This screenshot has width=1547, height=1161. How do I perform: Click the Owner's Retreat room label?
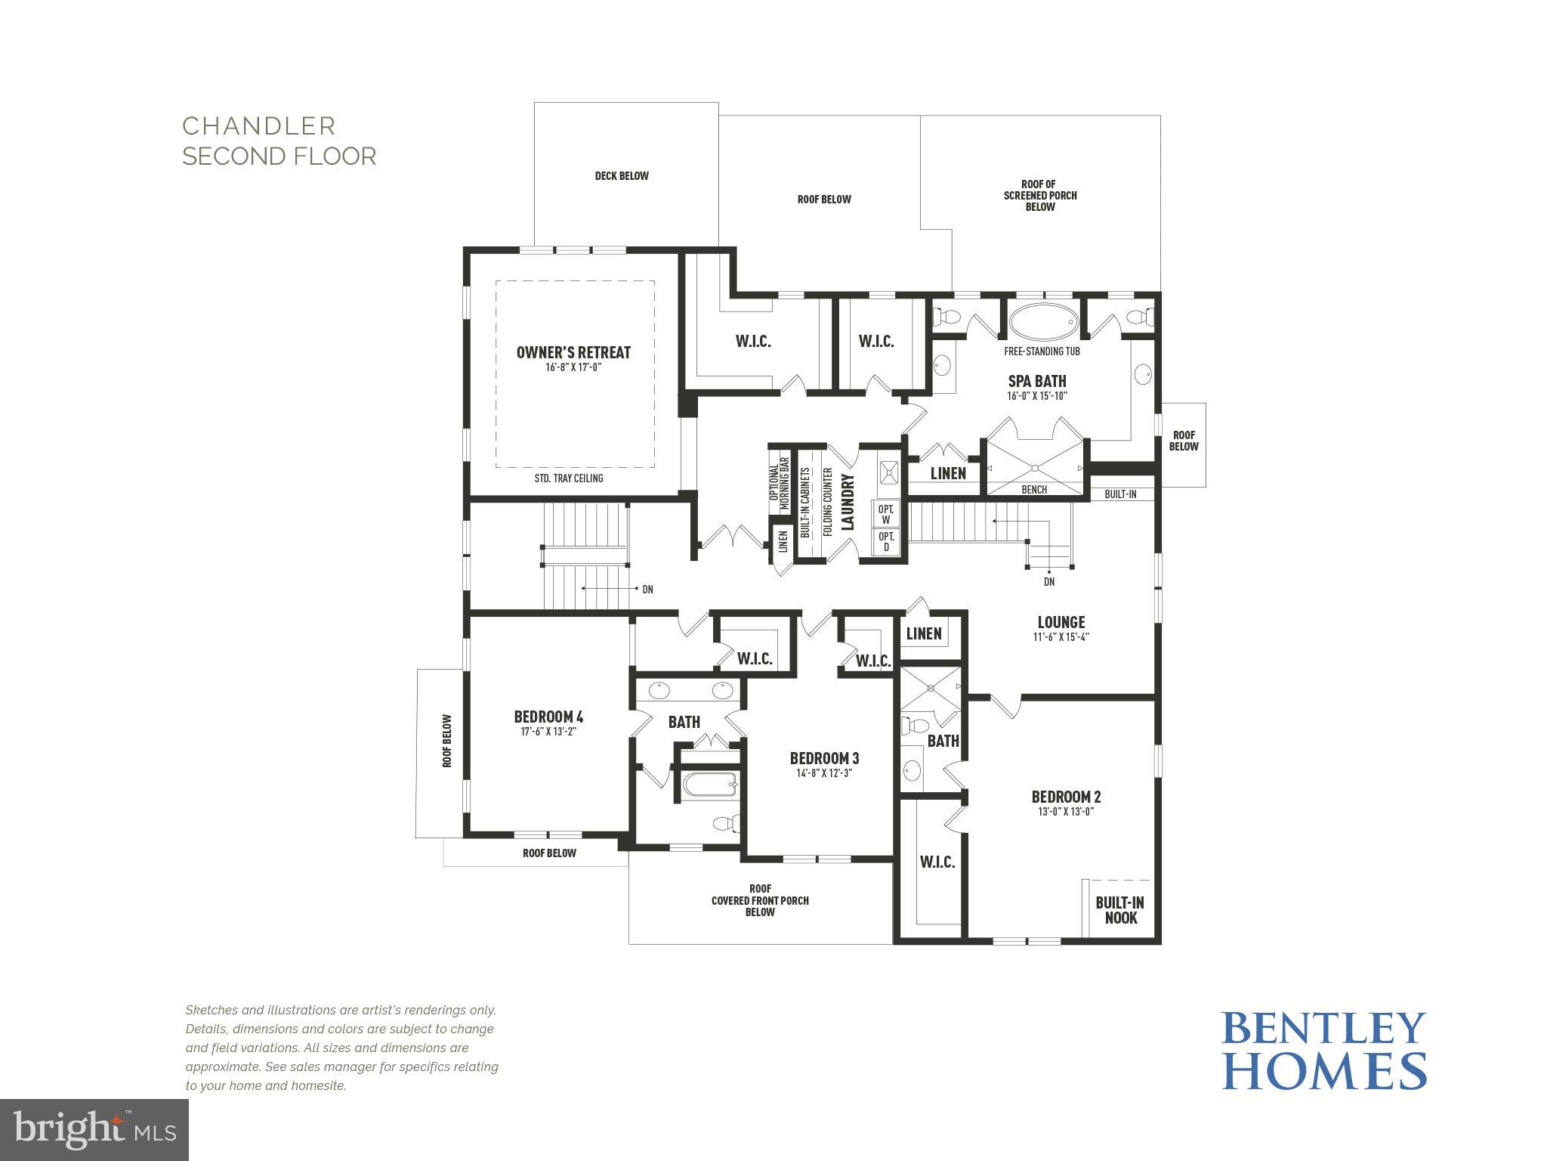point(573,352)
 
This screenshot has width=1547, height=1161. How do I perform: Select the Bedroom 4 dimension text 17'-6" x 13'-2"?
point(548,732)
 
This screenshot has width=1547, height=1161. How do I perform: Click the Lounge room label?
point(1061,622)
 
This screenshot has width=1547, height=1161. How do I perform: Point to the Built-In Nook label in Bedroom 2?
point(1119,910)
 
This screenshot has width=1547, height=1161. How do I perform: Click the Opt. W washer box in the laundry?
point(885,514)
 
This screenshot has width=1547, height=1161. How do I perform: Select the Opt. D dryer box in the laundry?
point(885,541)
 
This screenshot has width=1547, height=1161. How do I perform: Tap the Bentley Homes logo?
point(1323,1051)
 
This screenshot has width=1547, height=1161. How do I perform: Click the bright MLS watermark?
point(94,1129)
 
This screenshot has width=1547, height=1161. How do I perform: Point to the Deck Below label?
point(622,176)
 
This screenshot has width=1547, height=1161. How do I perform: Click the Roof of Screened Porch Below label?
point(1040,196)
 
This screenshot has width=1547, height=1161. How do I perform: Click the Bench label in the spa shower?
point(1033,490)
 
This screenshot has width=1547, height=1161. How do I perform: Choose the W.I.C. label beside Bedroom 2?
point(937,862)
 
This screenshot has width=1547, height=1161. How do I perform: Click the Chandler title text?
point(259,125)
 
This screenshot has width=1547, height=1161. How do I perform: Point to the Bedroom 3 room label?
point(824,758)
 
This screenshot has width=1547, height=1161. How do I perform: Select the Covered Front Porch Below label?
point(760,900)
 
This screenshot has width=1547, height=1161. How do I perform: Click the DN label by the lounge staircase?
point(1048,582)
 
